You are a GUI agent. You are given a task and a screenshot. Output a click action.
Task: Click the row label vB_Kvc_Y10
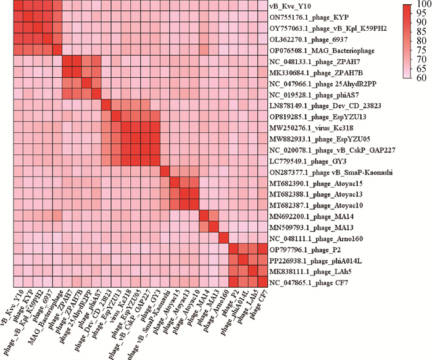(x=289, y=7)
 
